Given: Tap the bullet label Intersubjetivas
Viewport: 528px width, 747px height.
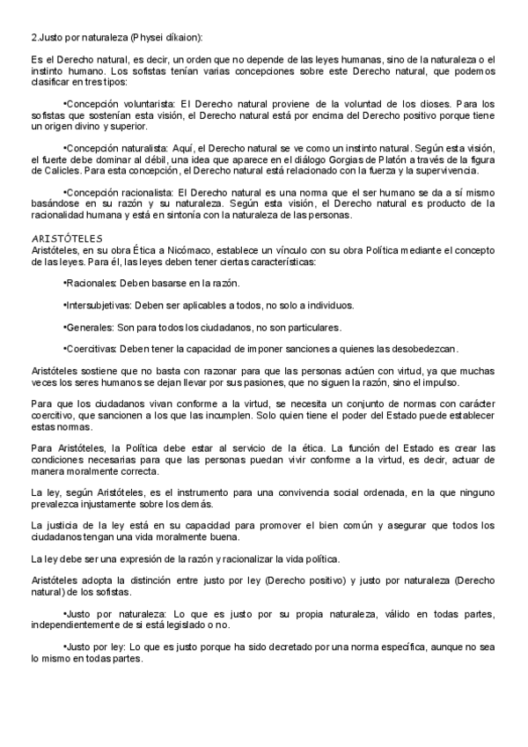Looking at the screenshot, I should pyautogui.click(x=99, y=305).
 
